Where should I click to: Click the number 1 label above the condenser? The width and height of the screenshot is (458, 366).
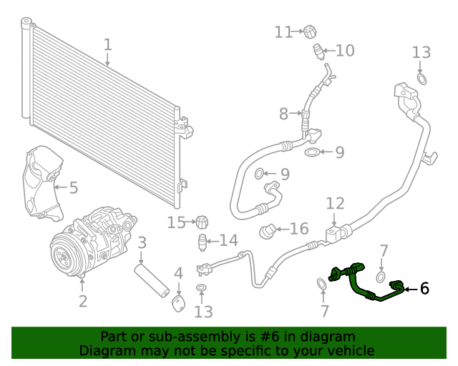(107, 45)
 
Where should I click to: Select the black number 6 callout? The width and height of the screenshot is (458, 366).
(424, 288)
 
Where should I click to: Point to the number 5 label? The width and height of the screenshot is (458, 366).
(73, 188)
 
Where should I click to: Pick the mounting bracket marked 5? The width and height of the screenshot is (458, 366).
(40, 183)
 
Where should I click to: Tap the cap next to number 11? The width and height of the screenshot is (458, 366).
(308, 32)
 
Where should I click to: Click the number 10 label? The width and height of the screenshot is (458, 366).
(345, 51)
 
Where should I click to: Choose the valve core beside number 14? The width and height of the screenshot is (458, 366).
(203, 240)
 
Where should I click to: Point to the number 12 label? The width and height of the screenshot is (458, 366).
(335, 203)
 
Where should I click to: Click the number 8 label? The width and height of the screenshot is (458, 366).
(283, 114)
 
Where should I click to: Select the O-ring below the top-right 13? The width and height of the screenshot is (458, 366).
(422, 78)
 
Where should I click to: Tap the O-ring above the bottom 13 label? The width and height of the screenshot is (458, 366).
(202, 288)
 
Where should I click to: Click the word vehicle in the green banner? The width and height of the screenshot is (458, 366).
(350, 350)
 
